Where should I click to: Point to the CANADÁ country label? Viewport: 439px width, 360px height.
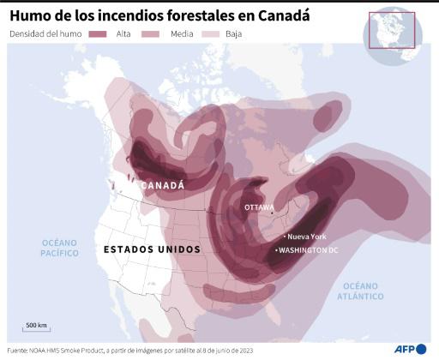point(162,185)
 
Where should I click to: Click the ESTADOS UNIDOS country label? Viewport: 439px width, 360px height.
point(152,249)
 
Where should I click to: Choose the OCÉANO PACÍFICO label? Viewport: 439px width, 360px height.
point(60,249)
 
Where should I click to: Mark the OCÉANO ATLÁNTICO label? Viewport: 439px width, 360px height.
point(360,291)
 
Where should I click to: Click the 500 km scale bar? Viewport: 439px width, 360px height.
point(36,330)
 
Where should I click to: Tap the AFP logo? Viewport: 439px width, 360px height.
point(411,349)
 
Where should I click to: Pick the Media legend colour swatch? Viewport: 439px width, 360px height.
point(152,33)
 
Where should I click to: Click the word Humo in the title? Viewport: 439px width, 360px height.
point(30,14)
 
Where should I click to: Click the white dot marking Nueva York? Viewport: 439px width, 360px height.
point(285,236)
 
